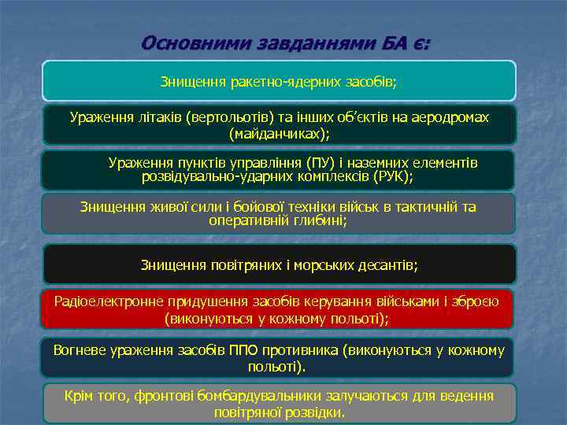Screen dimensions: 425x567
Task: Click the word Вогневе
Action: tap(79, 350)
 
